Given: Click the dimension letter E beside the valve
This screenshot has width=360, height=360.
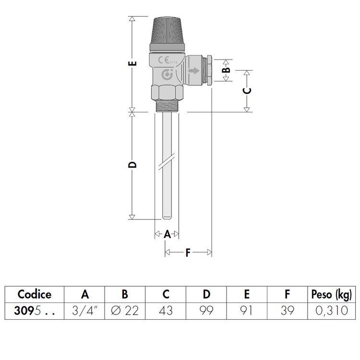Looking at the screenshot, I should [134, 63].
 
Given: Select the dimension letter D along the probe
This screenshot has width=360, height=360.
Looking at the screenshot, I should [134, 165].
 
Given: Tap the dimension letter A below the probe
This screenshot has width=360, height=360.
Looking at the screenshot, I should [167, 234].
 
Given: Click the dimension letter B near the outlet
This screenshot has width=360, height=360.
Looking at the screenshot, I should [227, 70].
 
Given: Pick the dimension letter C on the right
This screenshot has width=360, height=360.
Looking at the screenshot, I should [247, 91].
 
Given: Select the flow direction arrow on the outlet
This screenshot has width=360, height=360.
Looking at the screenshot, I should [194, 71].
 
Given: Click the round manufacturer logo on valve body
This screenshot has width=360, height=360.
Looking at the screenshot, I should [168, 75].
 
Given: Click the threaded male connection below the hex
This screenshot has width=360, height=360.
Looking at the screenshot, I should [167, 106].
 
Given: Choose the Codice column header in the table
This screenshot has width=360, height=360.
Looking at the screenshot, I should [34, 294].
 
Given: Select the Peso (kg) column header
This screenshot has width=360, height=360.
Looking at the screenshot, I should [330, 294].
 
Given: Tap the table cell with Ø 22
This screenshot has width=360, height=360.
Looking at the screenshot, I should [125, 311].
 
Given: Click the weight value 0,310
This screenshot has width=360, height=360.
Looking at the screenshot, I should [331, 311].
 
